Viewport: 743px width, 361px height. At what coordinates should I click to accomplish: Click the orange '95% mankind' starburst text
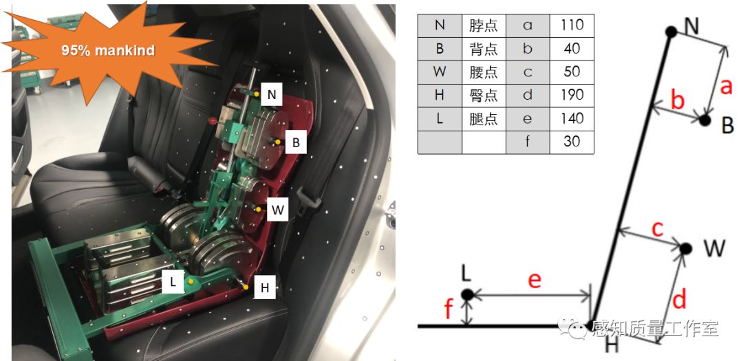[x=107, y=50]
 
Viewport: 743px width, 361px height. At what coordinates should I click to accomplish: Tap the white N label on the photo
[x=272, y=95]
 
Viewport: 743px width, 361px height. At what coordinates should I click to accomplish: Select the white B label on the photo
[x=295, y=143]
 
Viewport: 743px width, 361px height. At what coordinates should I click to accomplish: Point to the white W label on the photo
[x=277, y=210]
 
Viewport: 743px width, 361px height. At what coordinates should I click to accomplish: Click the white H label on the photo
[x=265, y=289]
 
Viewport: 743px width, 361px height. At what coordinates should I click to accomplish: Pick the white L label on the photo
[x=173, y=281]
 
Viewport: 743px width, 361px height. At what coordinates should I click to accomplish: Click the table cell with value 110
[x=572, y=25]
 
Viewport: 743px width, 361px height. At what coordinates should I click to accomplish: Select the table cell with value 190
[x=572, y=95]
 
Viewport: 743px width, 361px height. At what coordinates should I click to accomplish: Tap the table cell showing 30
[x=572, y=142]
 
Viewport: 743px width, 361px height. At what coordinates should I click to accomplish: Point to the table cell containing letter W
[x=439, y=72]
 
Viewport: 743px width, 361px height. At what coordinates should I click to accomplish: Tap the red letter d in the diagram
[x=678, y=300]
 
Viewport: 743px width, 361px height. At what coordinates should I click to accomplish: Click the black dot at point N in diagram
[x=671, y=31]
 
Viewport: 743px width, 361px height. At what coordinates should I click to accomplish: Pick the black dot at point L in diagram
[x=467, y=295]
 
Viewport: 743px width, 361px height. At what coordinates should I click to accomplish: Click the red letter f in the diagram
[x=449, y=311]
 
